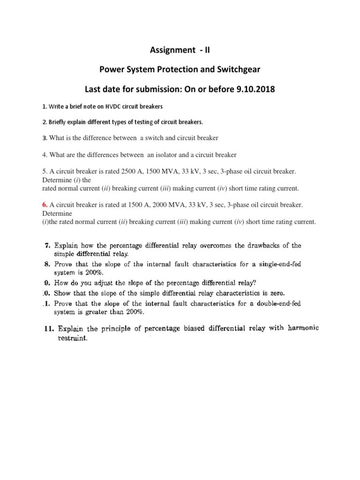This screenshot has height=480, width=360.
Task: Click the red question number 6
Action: point(45,205)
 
